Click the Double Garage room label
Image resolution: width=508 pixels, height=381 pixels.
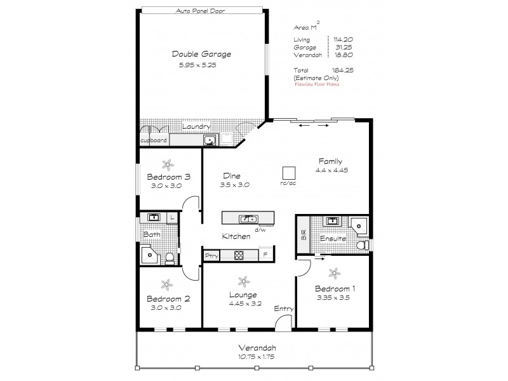tap(201, 54)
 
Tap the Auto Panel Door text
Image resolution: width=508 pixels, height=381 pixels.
tap(201, 11)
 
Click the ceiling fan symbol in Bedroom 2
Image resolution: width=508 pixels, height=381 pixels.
tap(165, 284)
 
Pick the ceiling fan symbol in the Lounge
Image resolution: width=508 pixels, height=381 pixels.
tap(243, 281)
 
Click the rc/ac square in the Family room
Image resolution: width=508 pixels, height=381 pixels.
tap(289, 173)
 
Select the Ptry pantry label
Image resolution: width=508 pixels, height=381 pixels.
tap(211, 256)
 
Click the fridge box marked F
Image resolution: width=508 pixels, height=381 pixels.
tap(265, 256)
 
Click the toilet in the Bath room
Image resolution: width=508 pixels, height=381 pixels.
tap(170, 257)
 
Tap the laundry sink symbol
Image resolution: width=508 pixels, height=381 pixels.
tap(208, 140)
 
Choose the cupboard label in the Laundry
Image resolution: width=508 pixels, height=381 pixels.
tap(153, 140)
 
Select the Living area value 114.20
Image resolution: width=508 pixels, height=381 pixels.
tap(341, 39)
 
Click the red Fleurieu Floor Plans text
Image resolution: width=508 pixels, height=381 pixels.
tap(316, 84)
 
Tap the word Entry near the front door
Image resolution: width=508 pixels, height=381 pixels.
tap(283, 309)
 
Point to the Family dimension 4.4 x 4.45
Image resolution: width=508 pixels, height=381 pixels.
tap(331, 170)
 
